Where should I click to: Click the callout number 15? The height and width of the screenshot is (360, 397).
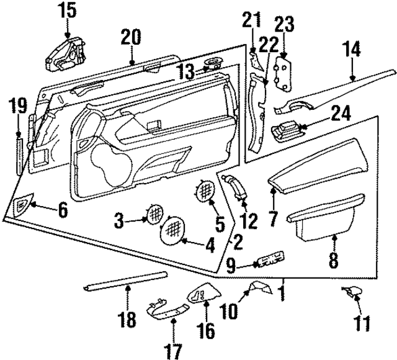[66, 10]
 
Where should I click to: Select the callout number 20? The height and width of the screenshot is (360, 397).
[132, 37]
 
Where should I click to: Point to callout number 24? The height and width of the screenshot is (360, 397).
[340, 113]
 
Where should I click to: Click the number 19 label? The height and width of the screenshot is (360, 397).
[18, 106]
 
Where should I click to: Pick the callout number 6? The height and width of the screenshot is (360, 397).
[62, 211]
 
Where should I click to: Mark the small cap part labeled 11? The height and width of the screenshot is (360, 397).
[354, 292]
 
